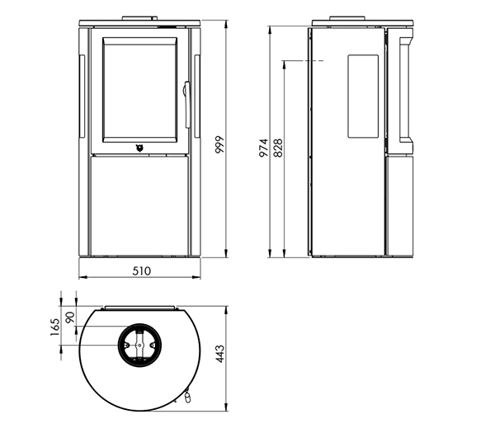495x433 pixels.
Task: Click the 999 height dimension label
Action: click(x=219, y=144)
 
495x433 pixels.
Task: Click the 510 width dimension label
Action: click(x=142, y=271)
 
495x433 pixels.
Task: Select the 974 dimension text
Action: click(x=263, y=148)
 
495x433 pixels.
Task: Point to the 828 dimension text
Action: click(x=278, y=148)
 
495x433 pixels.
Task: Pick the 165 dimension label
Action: click(x=54, y=327)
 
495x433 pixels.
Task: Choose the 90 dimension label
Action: click(x=70, y=318)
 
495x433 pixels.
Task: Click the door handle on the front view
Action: click(x=187, y=105)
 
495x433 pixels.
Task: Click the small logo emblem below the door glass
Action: click(x=139, y=148)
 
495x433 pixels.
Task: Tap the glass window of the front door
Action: click(x=139, y=90)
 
